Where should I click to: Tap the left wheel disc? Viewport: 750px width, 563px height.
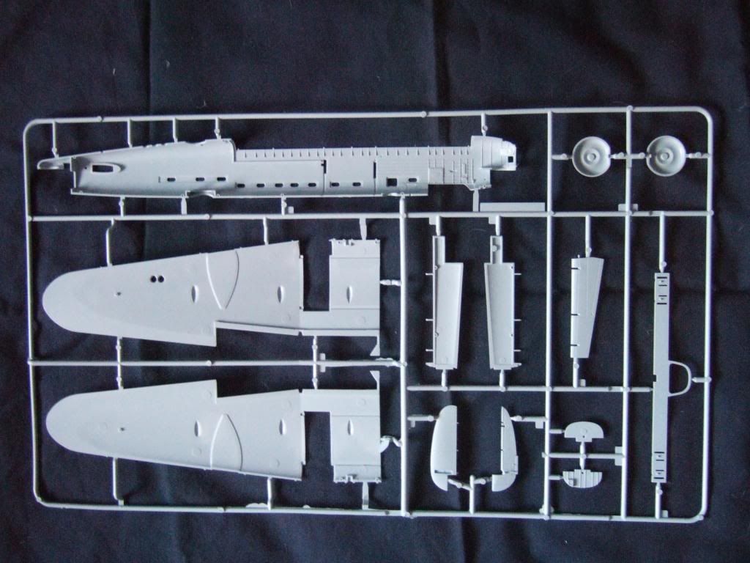coord(590,157)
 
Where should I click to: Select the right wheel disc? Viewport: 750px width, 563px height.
coord(666,156)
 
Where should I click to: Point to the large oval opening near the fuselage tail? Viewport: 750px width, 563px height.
coord(103,168)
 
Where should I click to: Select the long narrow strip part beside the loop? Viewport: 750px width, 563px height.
coord(661,378)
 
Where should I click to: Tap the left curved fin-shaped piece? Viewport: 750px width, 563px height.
coord(444,447)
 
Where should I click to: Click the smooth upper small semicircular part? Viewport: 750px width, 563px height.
coord(583,431)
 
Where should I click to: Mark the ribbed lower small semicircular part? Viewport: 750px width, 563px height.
coord(583,479)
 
